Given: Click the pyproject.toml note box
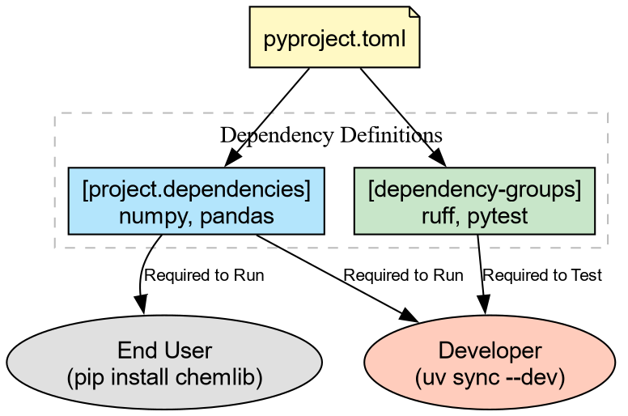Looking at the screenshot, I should pos(335,37).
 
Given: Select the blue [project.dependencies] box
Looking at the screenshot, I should pos(197,202).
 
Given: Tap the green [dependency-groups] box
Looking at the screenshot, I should pos(474,202).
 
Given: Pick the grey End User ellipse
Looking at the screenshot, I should pos(164,362).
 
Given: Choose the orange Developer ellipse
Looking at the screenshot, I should pos(490,362).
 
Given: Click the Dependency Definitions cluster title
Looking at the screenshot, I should pos(331,134).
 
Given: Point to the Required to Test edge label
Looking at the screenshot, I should pos(542,276).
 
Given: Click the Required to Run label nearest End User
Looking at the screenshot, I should pos(204,276).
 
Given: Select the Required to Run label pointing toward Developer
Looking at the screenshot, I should pos(403,276).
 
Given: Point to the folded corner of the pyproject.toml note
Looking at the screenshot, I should pos(414,12).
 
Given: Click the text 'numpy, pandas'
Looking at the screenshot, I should pos(197,216).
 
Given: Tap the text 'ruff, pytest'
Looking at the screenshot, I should pos(474,216).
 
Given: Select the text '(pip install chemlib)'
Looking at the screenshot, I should pos(164,377).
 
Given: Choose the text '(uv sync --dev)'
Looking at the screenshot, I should pos(490,377).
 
